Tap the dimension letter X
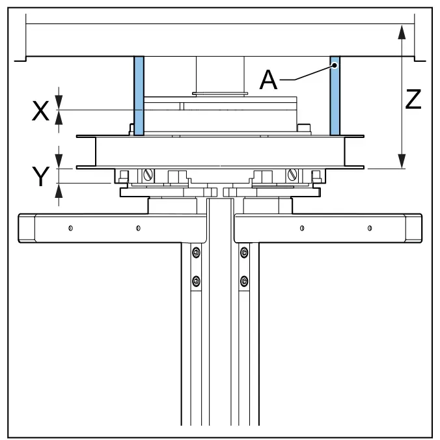(x=41, y=111)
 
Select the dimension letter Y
(x=41, y=176)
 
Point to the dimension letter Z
(x=413, y=99)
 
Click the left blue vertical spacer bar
(x=139, y=96)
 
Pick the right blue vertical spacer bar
(x=335, y=96)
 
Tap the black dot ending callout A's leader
(x=335, y=65)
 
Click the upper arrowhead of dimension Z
(x=402, y=32)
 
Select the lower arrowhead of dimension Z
(x=402, y=161)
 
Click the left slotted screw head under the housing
(x=148, y=175)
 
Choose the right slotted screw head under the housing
(x=292, y=175)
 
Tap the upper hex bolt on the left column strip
(x=196, y=253)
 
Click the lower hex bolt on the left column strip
(x=196, y=281)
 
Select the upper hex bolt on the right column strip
(x=244, y=253)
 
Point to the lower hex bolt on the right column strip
(x=244, y=281)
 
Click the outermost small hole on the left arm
(x=70, y=228)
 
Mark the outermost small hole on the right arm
(x=370, y=228)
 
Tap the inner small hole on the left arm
(x=138, y=228)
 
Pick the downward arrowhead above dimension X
(x=59, y=102)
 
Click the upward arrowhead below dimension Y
(x=59, y=191)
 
